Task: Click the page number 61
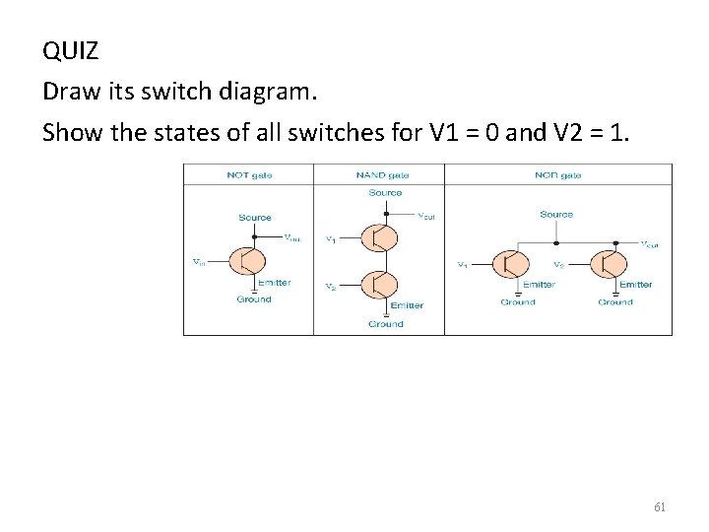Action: tap(660, 507)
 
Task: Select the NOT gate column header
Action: tap(249, 175)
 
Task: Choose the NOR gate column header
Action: tap(558, 175)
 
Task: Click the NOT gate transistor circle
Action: tap(247, 261)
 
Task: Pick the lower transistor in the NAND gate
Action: tap(378, 285)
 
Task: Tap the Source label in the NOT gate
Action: tap(255, 218)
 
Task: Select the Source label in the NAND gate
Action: tap(385, 193)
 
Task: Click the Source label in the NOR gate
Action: tap(556, 215)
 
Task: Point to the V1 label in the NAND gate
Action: tap(331, 238)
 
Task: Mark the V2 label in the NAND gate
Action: tap(331, 287)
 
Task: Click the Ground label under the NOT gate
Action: tap(253, 299)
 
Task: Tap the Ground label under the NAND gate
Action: tap(385, 324)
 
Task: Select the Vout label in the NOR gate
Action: tap(651, 244)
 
